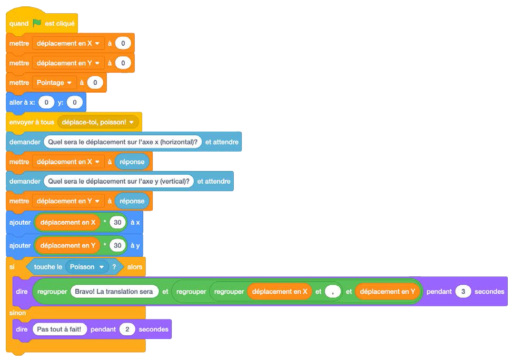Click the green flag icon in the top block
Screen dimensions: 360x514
(x=37, y=23)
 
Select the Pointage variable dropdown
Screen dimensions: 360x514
(x=54, y=83)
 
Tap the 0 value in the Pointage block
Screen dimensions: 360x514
(x=95, y=83)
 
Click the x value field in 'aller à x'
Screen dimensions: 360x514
(x=46, y=102)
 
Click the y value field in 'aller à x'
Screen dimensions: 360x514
(x=75, y=102)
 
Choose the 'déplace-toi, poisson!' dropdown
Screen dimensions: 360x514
(x=99, y=122)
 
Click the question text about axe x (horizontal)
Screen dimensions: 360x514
(x=123, y=142)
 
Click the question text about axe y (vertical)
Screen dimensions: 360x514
(x=118, y=181)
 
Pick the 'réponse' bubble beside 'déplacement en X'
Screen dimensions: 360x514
(x=132, y=162)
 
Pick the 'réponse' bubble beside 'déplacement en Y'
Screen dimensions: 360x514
(x=132, y=201)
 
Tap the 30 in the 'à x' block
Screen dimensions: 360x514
(x=117, y=223)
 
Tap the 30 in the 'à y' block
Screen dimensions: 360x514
(x=117, y=245)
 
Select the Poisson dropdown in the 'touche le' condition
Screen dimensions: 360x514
(x=87, y=267)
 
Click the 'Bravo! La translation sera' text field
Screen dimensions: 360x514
(x=114, y=292)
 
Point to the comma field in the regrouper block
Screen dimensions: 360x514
(x=333, y=292)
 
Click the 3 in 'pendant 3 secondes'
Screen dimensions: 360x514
(x=463, y=292)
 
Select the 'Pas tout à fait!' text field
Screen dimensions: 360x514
(x=59, y=329)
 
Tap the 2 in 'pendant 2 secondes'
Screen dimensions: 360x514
(x=127, y=329)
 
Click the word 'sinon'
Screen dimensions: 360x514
(x=17, y=313)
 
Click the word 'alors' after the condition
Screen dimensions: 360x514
(x=135, y=267)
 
